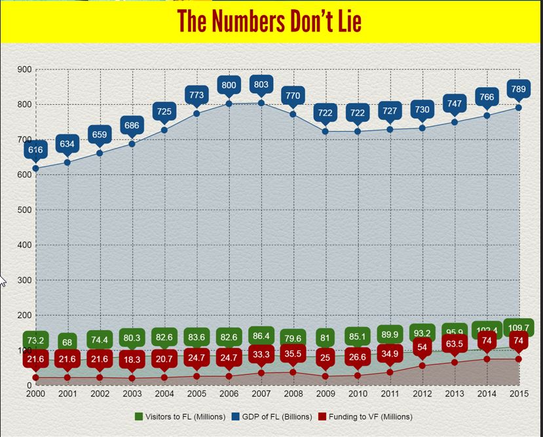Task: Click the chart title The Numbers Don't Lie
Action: point(269,22)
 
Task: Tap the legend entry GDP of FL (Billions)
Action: point(274,417)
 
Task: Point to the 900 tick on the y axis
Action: point(24,69)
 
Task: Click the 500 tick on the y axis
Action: point(24,210)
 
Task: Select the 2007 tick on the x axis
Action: point(260,393)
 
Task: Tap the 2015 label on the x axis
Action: point(518,393)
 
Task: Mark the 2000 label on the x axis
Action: point(35,393)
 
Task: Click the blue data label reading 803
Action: point(260,85)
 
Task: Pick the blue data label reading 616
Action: point(35,150)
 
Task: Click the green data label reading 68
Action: point(67,341)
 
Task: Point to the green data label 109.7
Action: point(518,328)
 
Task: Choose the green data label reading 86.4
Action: point(260,336)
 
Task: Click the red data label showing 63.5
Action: point(454,344)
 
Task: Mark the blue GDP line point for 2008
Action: point(293,114)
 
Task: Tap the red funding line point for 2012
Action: point(422,366)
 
